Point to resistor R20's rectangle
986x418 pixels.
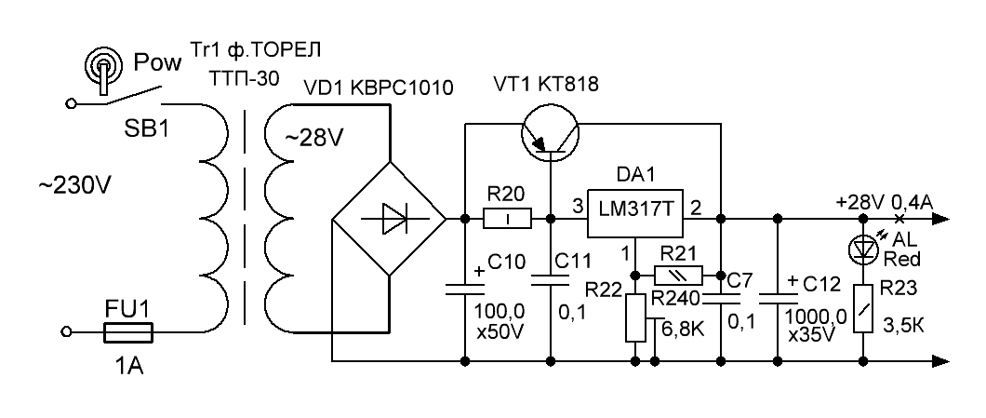(x=508, y=220)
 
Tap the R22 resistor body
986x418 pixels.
(x=636, y=317)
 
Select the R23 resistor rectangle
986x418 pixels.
(x=865, y=306)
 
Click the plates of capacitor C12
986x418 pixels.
(x=780, y=296)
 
